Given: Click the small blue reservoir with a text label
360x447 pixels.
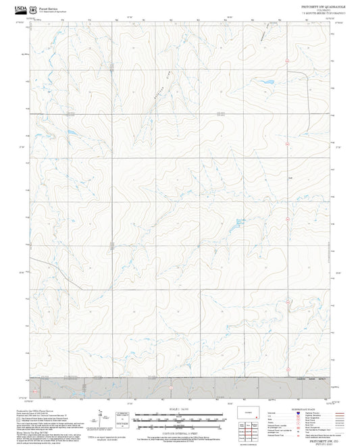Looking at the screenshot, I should pyautogui.click(x=239, y=221).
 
